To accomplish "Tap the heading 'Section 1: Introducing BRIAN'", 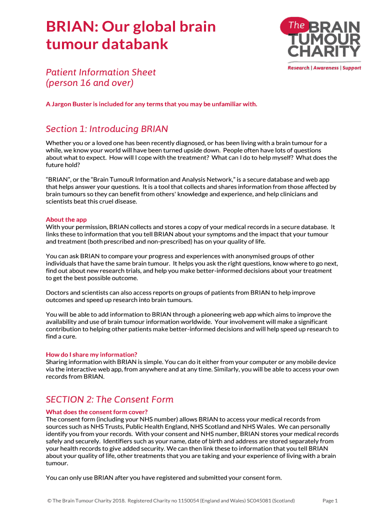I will [x=107, y=129].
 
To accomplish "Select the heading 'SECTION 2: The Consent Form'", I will [x=109, y=399].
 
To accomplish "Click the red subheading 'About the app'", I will [x=66, y=219].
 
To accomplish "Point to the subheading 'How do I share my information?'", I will [x=91, y=354].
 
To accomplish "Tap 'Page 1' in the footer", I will [x=330, y=500].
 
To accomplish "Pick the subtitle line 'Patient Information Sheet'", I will [x=101, y=72].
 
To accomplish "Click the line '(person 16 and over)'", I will [x=89, y=82].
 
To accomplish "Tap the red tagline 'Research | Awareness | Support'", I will [x=324, y=68].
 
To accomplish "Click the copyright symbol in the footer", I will [x=48, y=500].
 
